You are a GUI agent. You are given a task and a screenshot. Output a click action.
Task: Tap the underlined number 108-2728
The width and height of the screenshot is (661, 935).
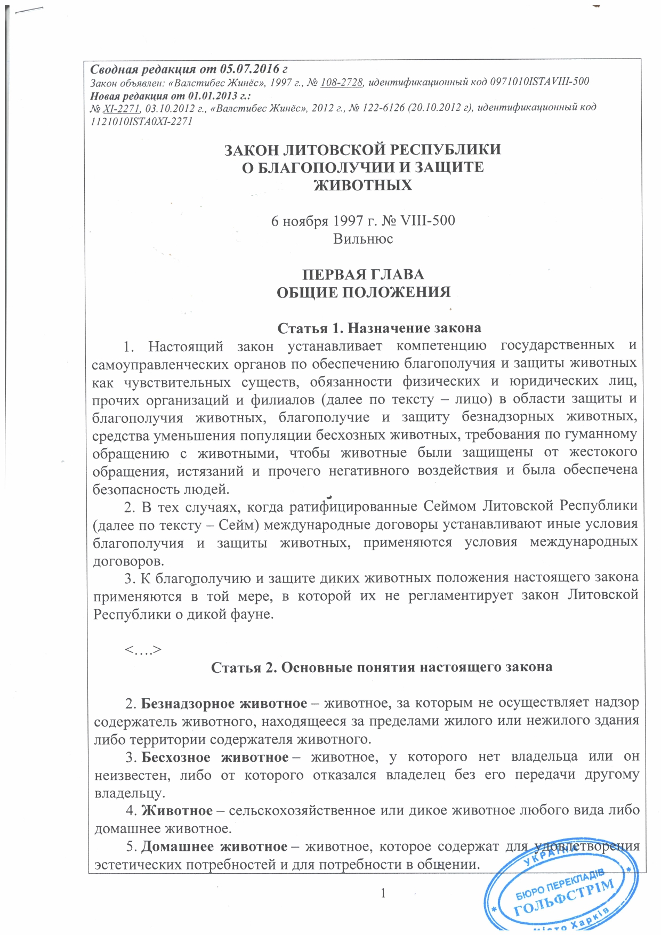tap(342, 82)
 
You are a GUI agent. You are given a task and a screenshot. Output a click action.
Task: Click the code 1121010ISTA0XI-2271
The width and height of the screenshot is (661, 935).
tap(142, 121)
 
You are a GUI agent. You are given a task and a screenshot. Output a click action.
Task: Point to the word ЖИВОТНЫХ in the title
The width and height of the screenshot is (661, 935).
tap(362, 185)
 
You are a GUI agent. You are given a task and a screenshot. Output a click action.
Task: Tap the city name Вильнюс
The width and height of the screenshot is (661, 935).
tap(363, 238)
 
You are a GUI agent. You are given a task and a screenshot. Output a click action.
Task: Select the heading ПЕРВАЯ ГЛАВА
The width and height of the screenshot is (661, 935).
tap(363, 275)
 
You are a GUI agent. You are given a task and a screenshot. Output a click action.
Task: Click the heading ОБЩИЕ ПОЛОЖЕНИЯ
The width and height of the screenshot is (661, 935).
tap(363, 292)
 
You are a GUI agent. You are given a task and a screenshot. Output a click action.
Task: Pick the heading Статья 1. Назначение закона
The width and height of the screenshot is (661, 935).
tap(380, 327)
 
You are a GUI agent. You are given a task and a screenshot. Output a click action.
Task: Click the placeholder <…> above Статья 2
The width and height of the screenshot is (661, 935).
tap(143, 650)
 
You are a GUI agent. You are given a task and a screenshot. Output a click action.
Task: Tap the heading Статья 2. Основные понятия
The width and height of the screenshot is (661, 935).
tap(382, 667)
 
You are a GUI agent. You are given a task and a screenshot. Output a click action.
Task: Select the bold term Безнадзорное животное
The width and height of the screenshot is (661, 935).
tap(224, 704)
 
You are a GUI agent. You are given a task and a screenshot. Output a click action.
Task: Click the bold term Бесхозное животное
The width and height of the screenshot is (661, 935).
tap(215, 757)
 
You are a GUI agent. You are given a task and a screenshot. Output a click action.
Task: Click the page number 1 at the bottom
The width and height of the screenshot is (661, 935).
tap(383, 893)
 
